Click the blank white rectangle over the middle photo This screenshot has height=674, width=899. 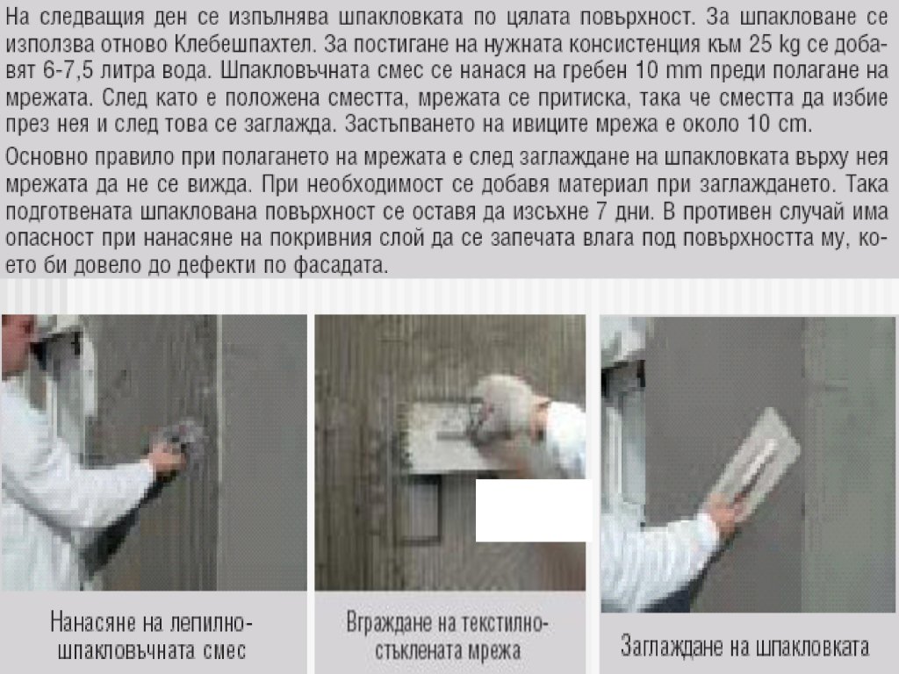[x=533, y=510]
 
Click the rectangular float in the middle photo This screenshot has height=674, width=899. [x=447, y=437]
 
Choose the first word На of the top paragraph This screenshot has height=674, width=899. [x=18, y=18]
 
